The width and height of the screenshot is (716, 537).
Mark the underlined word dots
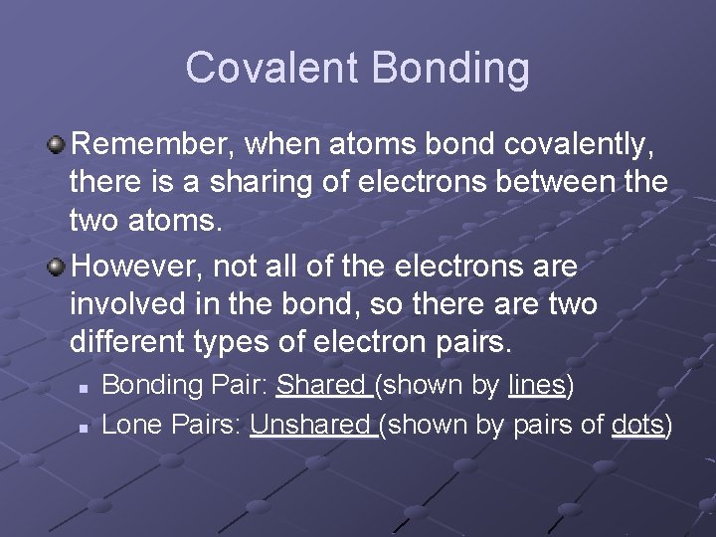click(637, 426)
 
